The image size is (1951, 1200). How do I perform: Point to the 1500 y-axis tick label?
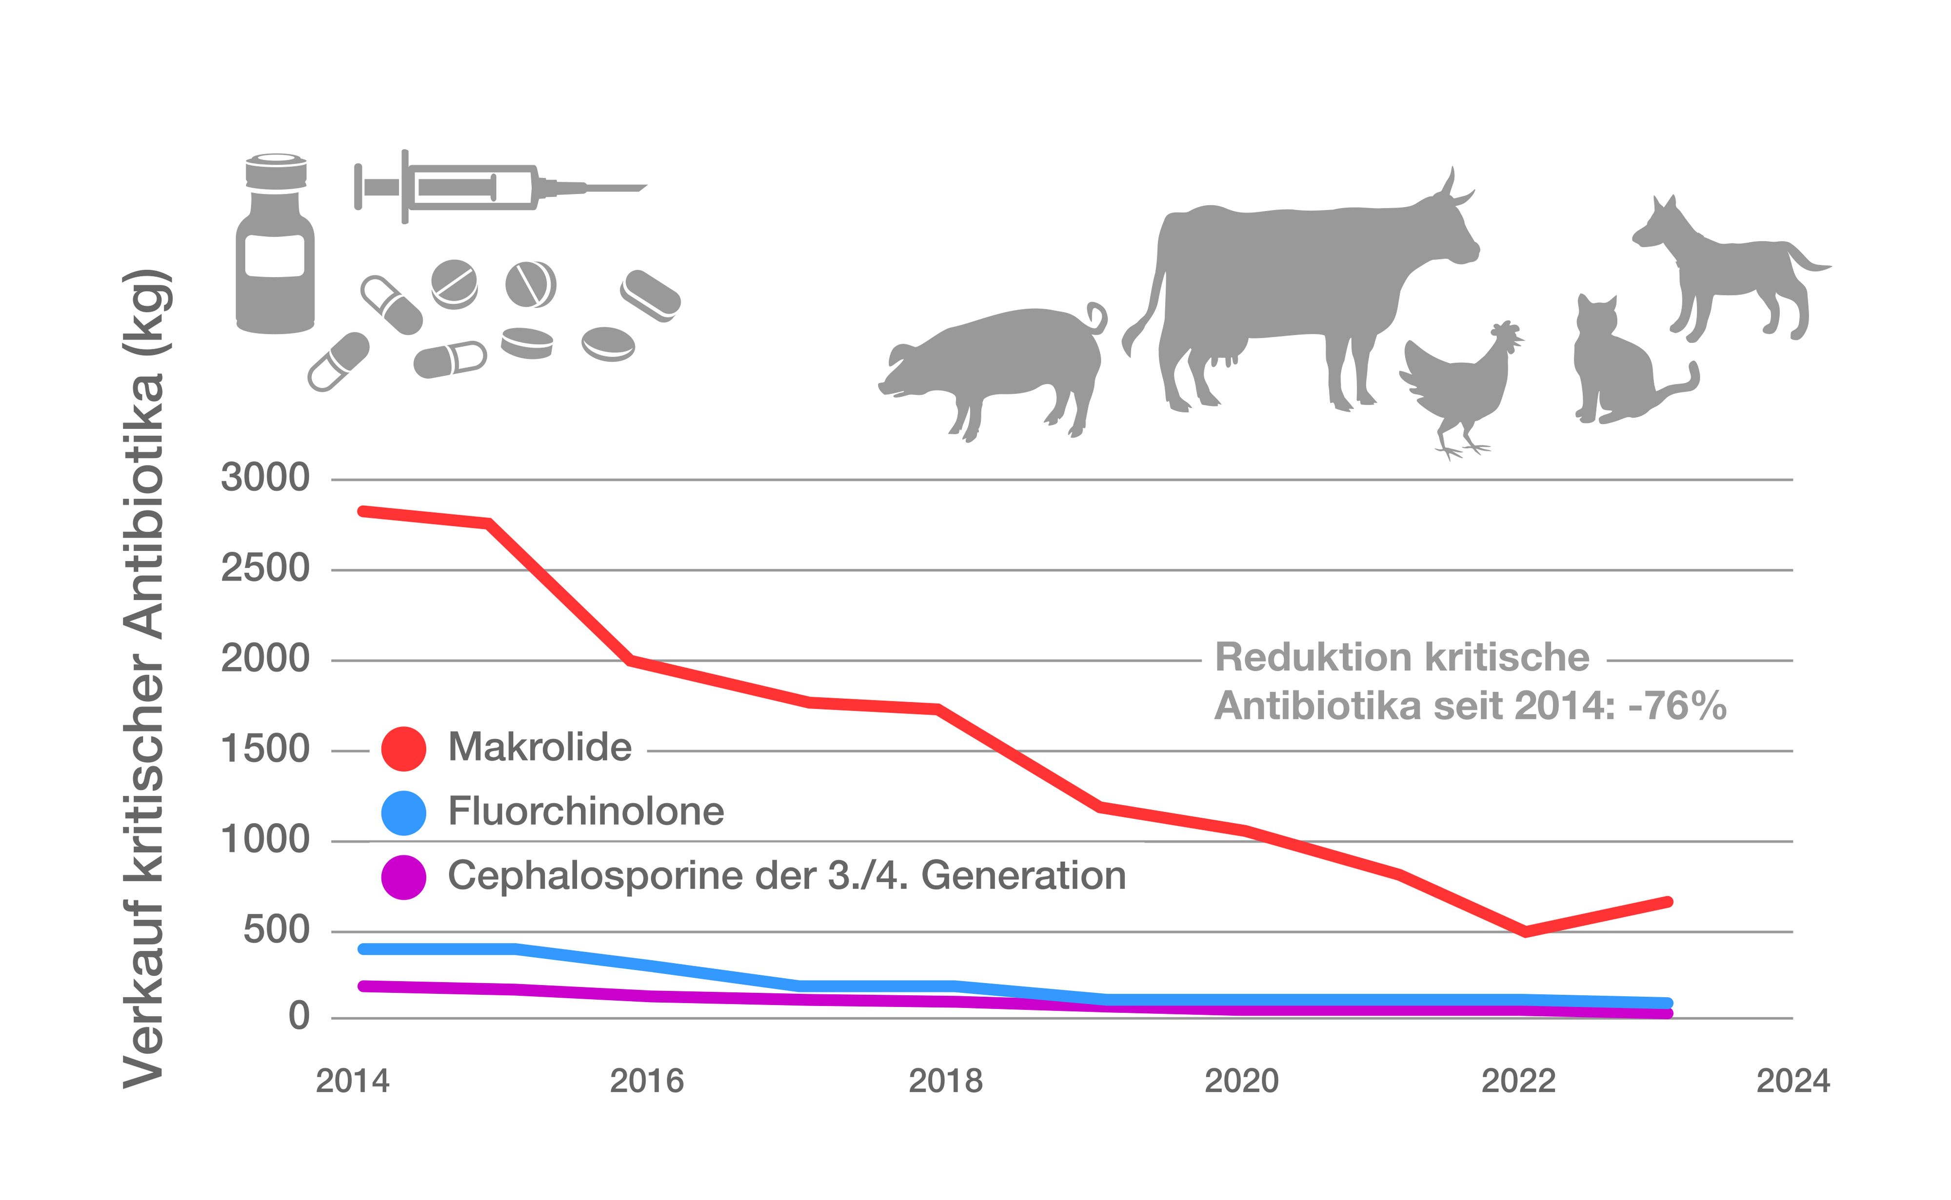coord(264,749)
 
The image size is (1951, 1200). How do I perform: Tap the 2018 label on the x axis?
coord(945,1081)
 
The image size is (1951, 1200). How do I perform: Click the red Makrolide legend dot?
coord(403,748)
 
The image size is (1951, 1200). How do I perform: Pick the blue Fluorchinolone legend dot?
coord(403,813)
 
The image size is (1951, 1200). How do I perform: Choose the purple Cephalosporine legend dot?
coord(403,877)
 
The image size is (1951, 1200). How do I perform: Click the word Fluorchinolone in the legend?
coord(586,811)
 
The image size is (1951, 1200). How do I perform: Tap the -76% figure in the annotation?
coord(1677,706)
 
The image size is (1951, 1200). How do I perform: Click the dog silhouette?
coord(1731,270)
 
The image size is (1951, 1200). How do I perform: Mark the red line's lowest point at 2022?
coord(1525,931)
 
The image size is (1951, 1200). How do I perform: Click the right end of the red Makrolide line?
coord(1668,902)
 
